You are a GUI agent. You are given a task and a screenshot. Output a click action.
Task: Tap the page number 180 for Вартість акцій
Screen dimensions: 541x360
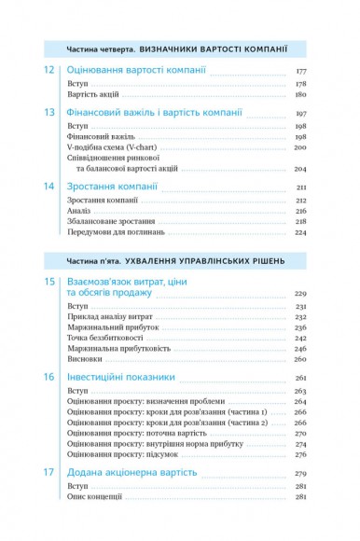(300, 95)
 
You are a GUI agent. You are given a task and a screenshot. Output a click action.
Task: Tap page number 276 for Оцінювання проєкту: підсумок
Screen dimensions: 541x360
(300, 456)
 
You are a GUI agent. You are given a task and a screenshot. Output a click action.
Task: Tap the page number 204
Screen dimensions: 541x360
(300, 170)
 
